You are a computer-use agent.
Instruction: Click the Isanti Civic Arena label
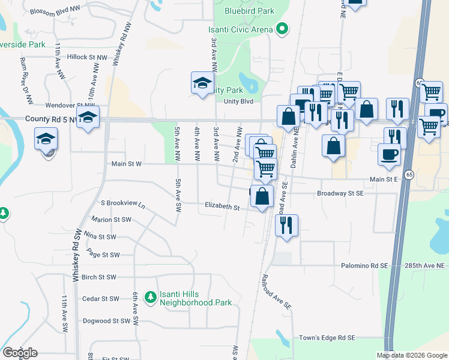point(244,29)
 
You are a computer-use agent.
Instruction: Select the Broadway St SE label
point(340,194)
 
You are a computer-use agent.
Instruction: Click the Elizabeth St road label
point(222,208)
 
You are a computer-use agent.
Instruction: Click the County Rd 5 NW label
point(50,119)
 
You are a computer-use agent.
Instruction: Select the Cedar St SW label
point(101,299)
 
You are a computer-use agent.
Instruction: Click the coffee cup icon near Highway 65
point(389,154)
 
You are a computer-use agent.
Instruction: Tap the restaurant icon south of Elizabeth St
point(286,225)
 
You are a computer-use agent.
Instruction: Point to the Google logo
point(20,353)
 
